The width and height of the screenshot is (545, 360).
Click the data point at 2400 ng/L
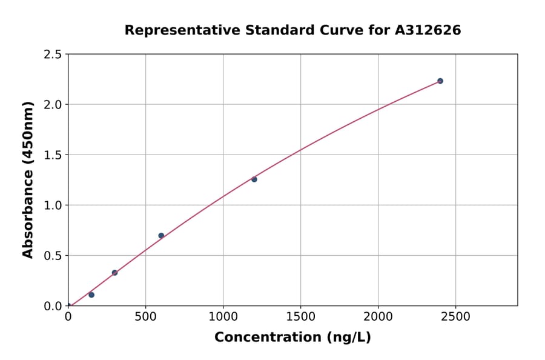point(440,81)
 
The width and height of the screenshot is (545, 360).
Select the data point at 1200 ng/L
point(254,179)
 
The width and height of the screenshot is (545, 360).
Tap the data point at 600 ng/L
point(161,236)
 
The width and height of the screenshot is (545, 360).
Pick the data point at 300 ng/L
point(114,273)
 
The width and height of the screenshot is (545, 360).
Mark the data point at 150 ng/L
point(91,295)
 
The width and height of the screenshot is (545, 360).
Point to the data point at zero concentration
point(68,305)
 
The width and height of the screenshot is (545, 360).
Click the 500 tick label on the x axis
point(145,317)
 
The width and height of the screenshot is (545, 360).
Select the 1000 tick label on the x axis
point(223,317)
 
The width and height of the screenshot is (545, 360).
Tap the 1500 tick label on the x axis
point(301,317)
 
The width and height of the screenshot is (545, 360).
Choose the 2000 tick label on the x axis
point(378,317)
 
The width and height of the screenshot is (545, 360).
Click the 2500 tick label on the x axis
point(456,317)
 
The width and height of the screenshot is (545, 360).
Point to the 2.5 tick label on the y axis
point(53,55)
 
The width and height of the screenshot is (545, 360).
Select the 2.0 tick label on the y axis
point(53,105)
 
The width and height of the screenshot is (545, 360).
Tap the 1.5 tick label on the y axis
point(53,155)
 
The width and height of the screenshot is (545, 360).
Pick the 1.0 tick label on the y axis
point(53,205)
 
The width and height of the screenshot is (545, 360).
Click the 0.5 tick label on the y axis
point(53,256)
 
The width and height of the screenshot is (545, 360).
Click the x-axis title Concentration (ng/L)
point(292,338)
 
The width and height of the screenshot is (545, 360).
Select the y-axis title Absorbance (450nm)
point(28,179)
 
